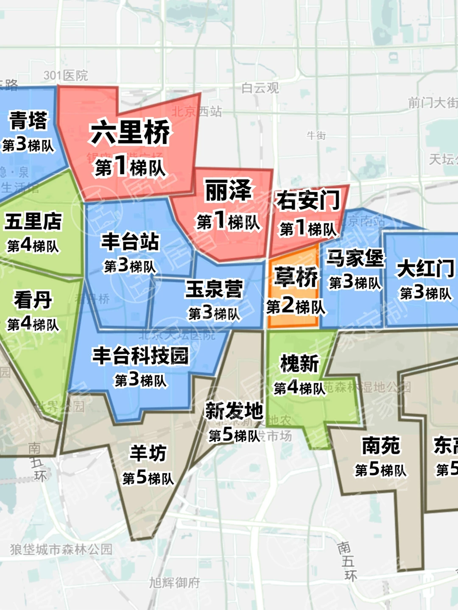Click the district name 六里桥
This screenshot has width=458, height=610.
click(130, 132)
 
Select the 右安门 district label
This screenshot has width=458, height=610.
click(308, 200)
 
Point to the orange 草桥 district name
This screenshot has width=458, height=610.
click(296, 277)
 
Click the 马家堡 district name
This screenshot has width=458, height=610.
click(355, 258)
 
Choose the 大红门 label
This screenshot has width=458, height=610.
click(425, 269)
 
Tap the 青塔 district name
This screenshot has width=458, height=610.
click(28, 120)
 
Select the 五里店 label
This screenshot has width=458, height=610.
click(33, 221)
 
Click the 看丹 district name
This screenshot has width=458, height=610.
click(33, 300)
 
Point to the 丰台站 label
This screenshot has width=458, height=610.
click(130, 242)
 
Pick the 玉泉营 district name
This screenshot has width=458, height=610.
click(214, 289)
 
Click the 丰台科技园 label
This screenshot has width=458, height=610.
click(140, 355)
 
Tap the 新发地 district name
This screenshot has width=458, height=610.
click(234, 411)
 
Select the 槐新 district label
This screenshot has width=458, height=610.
click(299, 363)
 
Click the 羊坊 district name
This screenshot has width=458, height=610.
click(148, 453)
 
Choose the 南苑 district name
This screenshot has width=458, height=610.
click(381, 446)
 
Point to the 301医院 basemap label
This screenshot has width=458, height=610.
click(65, 75)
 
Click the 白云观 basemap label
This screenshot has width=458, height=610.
click(260, 88)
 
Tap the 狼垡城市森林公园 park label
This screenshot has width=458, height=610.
click(61, 549)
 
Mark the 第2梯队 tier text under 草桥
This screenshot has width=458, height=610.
click(296, 306)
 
